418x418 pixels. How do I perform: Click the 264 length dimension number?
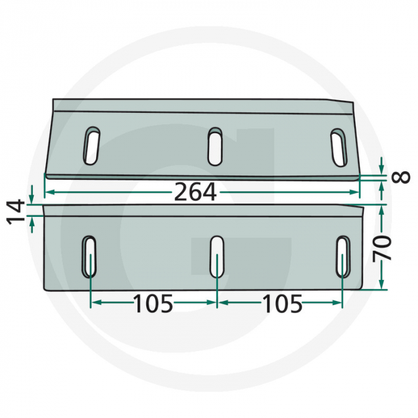point(195,192)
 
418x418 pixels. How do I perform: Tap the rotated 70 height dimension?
point(384,247)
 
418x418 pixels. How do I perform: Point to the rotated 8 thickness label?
point(402,177)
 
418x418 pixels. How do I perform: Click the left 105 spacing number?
point(153,304)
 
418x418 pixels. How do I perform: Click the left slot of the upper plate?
point(91,146)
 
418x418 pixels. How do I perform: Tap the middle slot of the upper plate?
point(215,146)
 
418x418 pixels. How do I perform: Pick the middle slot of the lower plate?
point(217,256)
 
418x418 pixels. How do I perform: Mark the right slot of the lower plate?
point(343,256)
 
